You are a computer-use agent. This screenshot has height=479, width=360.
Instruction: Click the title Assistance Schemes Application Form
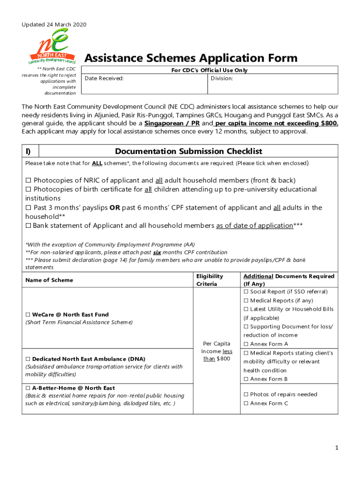click(x=190, y=58)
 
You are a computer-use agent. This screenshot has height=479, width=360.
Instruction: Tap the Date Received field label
click(x=104, y=79)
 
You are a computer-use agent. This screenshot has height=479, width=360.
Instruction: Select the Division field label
click(x=222, y=79)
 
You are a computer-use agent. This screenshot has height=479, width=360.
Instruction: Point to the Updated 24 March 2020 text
click(x=54, y=24)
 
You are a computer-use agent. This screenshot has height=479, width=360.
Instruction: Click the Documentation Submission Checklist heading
click(x=188, y=151)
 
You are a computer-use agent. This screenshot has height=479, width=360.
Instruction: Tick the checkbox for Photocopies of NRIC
click(x=28, y=181)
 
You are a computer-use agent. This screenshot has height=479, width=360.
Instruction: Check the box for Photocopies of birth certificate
click(x=28, y=189)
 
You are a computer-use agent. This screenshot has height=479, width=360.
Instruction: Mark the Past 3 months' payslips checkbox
click(x=28, y=208)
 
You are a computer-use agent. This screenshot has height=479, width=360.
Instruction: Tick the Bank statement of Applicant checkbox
click(x=28, y=226)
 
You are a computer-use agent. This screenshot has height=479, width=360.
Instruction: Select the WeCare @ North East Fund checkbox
click(x=28, y=315)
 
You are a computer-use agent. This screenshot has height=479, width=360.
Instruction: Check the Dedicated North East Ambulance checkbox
click(x=28, y=359)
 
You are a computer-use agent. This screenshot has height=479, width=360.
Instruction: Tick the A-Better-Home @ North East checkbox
click(x=28, y=388)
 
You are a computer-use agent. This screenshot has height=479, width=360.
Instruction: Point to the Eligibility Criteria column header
click(x=209, y=280)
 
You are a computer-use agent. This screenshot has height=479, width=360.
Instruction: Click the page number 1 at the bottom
click(x=336, y=448)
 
